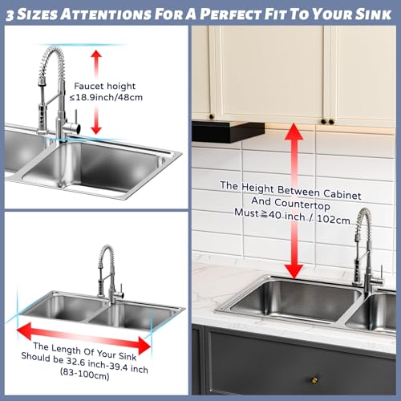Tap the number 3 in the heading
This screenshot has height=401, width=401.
point(10,15)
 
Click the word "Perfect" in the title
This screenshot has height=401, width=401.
point(231,14)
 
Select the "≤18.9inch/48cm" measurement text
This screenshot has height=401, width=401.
point(106,97)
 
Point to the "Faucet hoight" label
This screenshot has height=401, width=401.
point(105,86)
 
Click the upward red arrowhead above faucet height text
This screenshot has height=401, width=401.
point(96,55)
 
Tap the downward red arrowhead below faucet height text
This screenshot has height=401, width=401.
point(96,130)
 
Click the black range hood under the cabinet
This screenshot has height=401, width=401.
point(228,132)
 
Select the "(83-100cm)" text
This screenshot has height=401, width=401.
point(85,374)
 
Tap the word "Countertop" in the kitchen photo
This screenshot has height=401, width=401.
point(302,205)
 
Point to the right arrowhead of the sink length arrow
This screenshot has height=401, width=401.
point(144,346)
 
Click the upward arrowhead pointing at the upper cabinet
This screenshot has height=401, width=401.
point(294,132)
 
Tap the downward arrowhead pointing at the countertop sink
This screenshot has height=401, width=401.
point(294,271)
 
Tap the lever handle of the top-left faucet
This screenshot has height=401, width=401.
point(76,119)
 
